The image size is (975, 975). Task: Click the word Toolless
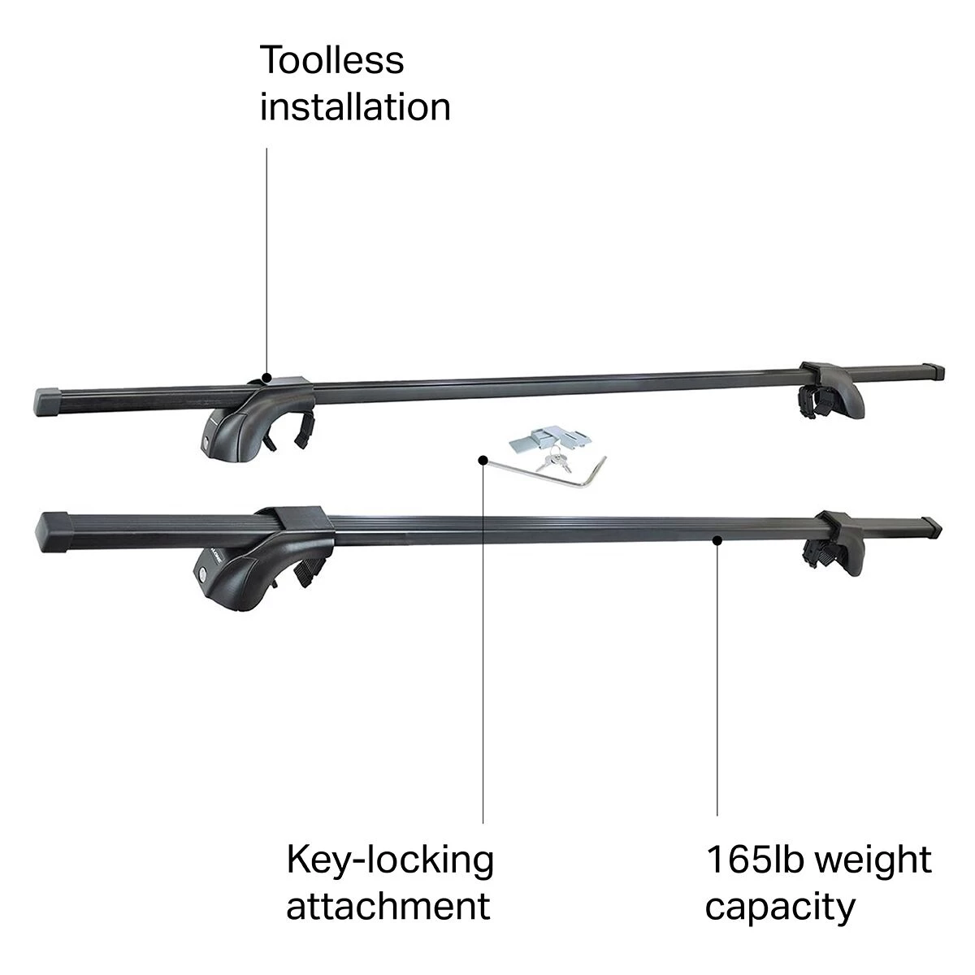tap(331, 62)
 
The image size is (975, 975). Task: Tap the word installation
tap(355, 107)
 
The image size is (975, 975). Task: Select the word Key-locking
tap(390, 860)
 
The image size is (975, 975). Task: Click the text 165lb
tap(757, 860)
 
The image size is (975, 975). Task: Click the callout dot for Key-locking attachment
tap(483, 461)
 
